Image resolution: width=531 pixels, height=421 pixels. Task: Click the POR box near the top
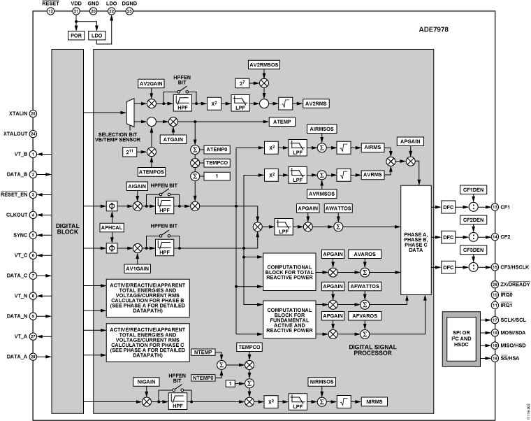[x=75, y=35]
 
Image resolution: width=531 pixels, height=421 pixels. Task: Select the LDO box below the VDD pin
[x=97, y=35]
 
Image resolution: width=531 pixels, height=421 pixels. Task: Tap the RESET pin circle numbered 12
[x=50, y=11]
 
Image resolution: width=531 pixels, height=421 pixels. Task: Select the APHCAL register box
[x=112, y=227]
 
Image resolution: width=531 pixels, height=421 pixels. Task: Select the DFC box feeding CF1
[x=449, y=206]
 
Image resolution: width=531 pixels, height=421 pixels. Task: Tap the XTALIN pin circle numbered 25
[x=33, y=113]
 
